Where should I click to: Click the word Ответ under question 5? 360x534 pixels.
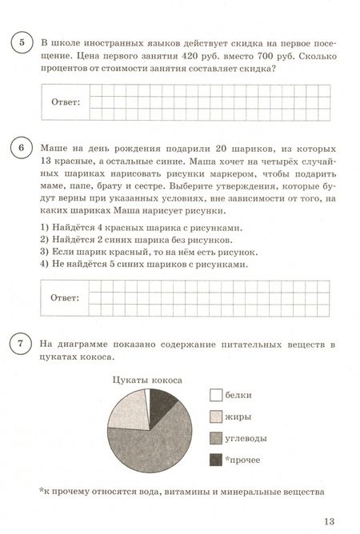(65, 102)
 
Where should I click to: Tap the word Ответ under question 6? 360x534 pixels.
(65, 298)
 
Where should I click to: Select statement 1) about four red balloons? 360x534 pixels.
(124, 227)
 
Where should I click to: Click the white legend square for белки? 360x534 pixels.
(215, 394)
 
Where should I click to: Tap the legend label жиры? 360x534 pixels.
(241, 416)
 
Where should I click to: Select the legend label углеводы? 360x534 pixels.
(252, 438)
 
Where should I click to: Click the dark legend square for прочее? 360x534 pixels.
(215, 460)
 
